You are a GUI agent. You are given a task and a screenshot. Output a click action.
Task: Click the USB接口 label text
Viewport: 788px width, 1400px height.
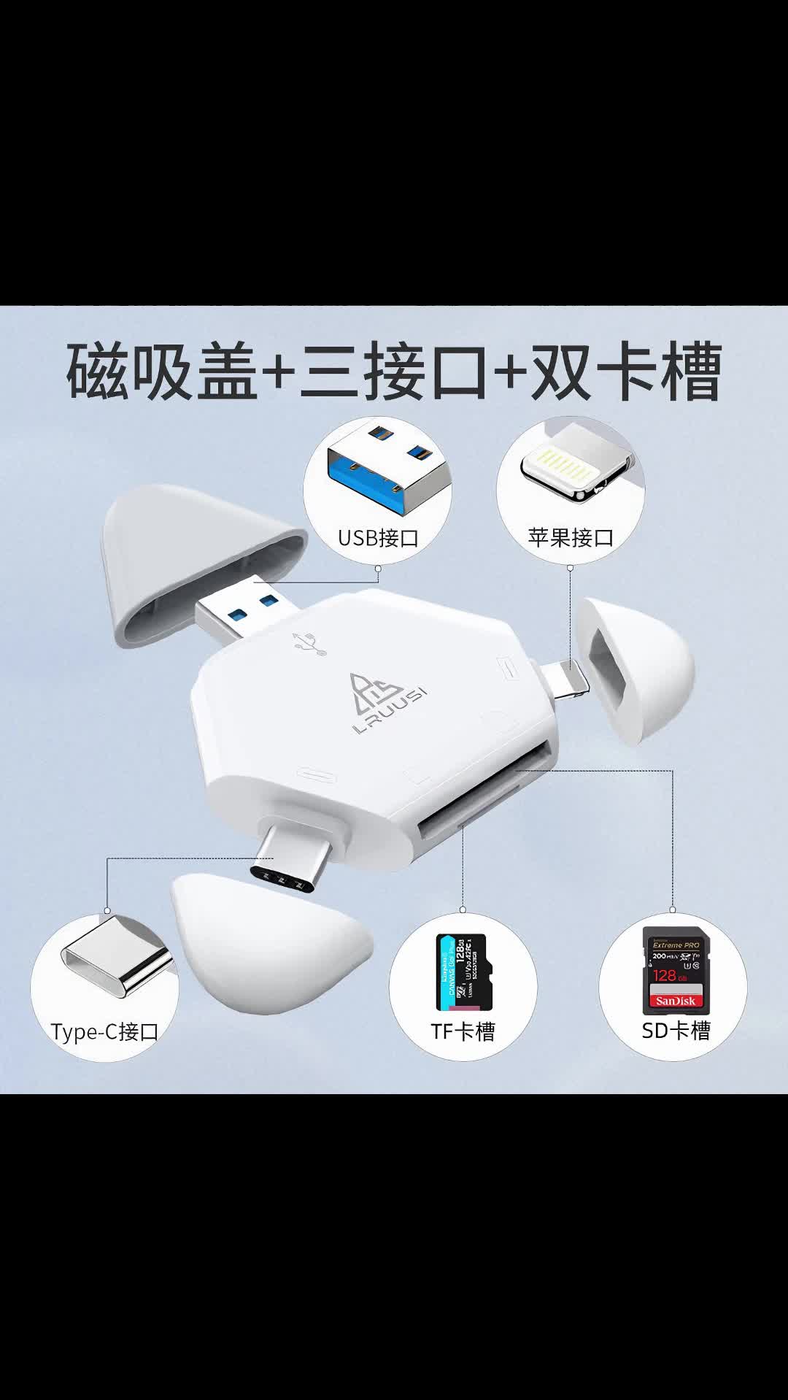click(378, 539)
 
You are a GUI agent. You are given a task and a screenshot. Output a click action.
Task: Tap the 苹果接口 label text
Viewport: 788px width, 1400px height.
click(571, 538)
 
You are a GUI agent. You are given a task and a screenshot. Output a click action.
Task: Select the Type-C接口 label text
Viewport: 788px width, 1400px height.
click(104, 1031)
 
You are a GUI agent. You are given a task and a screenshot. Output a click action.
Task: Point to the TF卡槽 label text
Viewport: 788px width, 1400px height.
click(463, 1031)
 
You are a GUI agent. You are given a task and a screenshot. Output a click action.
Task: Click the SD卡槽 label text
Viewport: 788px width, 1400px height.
click(676, 1030)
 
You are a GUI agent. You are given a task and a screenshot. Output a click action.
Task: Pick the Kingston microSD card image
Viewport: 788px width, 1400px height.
click(461, 970)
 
